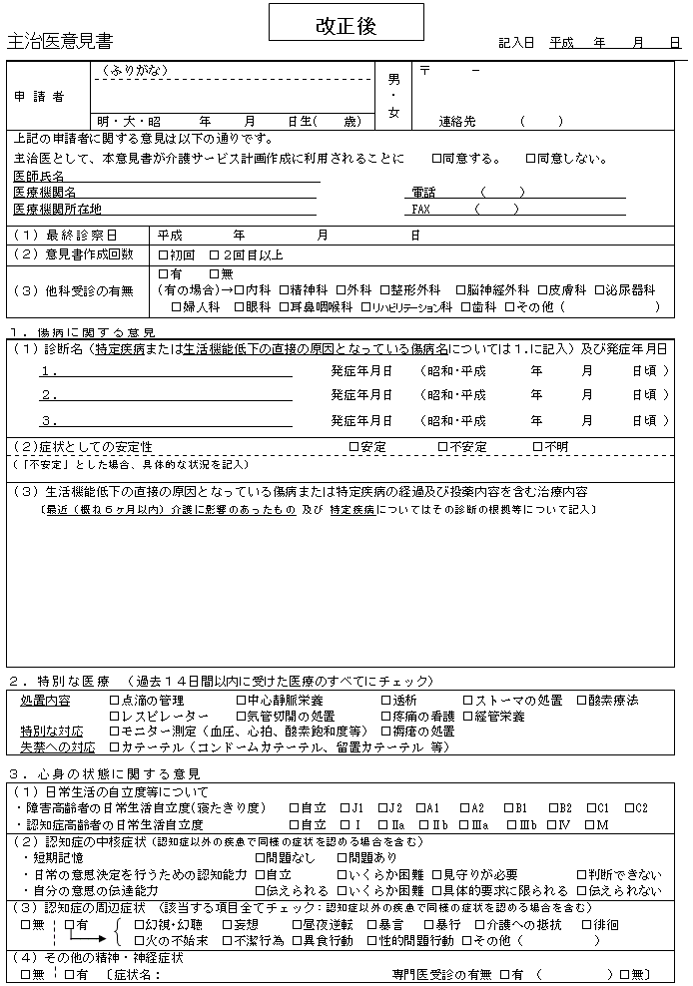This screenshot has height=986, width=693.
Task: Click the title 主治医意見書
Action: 59,42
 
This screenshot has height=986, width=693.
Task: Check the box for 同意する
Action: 436,159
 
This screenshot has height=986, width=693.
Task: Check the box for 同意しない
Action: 530,159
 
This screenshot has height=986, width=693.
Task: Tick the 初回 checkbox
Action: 164,254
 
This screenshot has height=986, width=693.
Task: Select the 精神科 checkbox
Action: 285,290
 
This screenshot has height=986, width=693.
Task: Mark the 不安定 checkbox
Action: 442,447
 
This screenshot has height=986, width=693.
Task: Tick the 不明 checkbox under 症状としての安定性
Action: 537,447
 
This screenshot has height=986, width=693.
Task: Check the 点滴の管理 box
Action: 114,701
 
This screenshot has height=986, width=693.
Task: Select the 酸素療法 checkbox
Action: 582,701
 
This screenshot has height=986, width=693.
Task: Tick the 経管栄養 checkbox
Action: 466,717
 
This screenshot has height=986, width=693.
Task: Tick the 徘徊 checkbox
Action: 586,925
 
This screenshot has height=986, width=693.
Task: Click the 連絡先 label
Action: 458,122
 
